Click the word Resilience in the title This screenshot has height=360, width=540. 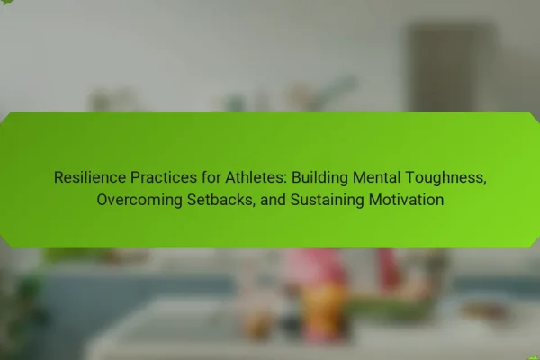[x=90, y=177]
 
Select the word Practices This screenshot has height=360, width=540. [x=164, y=177]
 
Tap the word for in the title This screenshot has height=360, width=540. [x=211, y=177]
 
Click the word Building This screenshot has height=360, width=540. [x=319, y=178]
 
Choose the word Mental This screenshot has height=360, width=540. [x=376, y=177]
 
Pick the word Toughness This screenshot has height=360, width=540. [x=444, y=178]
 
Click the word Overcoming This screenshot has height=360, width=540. [x=139, y=201]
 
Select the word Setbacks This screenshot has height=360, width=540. [x=220, y=200]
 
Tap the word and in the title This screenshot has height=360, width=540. [x=273, y=200]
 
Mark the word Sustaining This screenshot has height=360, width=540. [x=327, y=201]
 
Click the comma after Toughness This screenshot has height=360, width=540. [x=484, y=183]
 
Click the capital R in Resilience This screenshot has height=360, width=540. [x=58, y=177]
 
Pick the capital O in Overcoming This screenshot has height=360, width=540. [x=103, y=200]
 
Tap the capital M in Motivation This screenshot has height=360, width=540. [x=374, y=200]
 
